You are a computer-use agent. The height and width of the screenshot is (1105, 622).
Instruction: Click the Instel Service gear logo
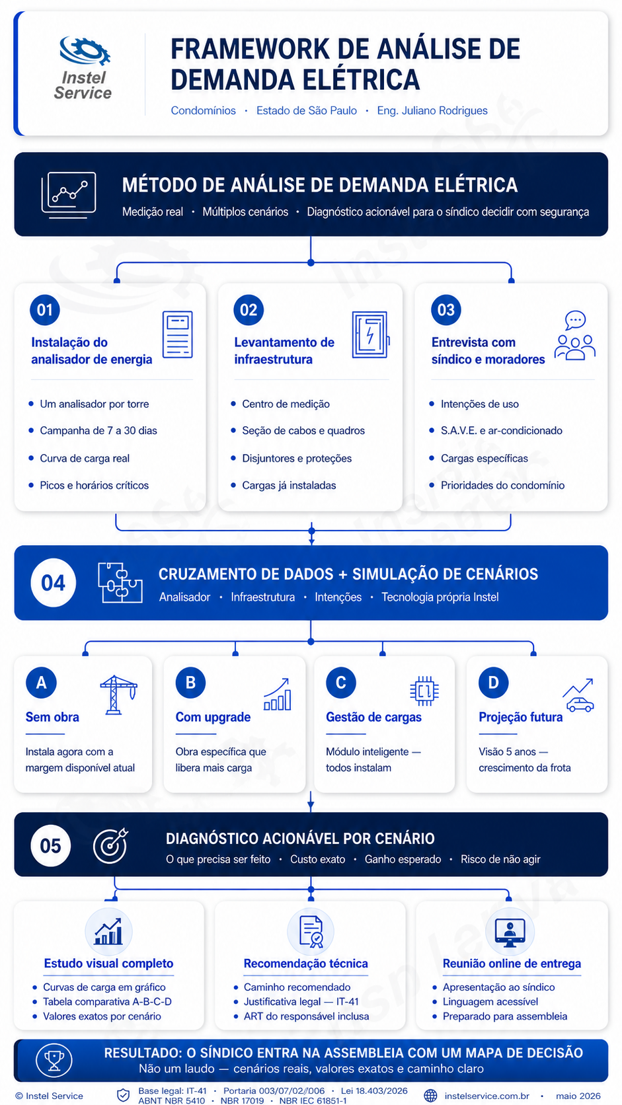[85, 51]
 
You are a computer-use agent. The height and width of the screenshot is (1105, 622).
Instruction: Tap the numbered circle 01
[45, 310]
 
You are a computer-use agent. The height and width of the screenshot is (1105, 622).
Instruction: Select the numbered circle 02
[248, 310]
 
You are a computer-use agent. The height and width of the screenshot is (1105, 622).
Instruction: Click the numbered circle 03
[446, 310]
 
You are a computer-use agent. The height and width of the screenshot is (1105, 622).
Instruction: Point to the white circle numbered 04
[54, 583]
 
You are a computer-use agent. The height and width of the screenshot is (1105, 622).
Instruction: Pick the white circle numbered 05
[50, 845]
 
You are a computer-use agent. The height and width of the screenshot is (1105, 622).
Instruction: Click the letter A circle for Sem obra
[41, 683]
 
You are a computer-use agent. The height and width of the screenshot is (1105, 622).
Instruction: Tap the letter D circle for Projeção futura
[493, 683]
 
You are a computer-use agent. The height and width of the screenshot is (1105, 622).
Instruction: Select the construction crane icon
[118, 695]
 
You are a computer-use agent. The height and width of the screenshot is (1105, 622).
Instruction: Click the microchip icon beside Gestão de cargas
[424, 691]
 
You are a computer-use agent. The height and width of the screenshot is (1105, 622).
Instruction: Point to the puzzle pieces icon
[120, 583]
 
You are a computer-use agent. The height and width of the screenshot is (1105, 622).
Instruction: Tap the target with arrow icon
[111, 845]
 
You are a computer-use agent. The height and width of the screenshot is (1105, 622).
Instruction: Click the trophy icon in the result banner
[54, 1060]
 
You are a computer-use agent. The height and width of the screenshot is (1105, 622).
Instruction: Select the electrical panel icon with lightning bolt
[370, 334]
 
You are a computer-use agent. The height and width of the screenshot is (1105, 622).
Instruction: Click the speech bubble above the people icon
[575, 320]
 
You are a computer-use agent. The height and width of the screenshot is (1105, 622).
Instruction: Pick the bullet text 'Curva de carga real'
[85, 458]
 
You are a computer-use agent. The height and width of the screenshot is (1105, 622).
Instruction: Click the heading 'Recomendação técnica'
[306, 964]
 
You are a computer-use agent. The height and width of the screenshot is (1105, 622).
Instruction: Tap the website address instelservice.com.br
[487, 1096]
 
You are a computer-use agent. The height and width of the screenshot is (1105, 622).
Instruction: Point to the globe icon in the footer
[430, 1096]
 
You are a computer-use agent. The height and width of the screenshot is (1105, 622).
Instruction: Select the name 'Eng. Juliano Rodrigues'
[432, 110]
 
